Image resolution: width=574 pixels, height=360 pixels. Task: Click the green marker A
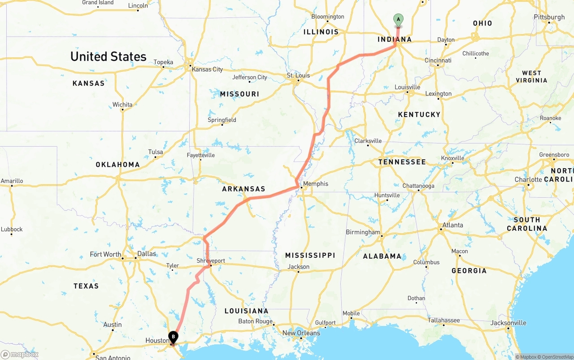[398, 19]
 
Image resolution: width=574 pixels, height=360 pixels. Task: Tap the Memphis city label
[316, 184]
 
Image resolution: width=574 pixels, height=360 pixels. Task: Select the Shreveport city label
[211, 260]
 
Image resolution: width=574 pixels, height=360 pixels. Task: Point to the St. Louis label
[298, 75]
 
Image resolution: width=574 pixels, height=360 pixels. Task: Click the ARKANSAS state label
[244, 189]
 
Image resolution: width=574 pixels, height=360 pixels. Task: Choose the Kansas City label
[207, 69]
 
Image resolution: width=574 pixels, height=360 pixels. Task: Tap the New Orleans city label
[301, 333]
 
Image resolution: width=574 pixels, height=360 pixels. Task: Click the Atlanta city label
[453, 225]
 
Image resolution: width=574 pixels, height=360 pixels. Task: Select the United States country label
[108, 56]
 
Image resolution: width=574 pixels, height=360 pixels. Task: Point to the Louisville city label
[407, 87]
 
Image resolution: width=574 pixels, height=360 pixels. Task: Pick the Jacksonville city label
[508, 323]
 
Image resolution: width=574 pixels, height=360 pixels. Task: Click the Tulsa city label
[156, 152]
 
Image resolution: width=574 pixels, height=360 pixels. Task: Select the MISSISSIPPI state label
[310, 255]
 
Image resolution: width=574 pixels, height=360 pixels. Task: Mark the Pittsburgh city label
[549, 17]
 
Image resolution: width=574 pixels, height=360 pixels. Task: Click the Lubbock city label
[12, 229]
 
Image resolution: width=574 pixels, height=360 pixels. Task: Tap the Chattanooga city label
[418, 186]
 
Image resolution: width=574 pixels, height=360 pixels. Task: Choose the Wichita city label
[122, 104]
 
